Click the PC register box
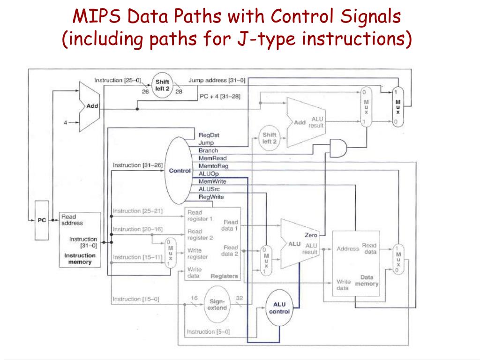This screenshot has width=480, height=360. coord(42,220)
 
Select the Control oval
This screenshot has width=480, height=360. coord(180,171)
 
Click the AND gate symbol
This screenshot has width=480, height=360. coord(338,148)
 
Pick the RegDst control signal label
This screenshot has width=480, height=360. coord(209,135)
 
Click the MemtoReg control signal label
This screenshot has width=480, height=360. coord(213,166)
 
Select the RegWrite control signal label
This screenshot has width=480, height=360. coord(211,197)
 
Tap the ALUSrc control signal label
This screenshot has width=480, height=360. coord(210,189)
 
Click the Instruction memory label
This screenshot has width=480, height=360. coord(80,259)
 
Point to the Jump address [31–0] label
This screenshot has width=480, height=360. coord(217,81)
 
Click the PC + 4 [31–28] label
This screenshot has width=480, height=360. coord(219,97)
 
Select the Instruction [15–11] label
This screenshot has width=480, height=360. coord(137,257)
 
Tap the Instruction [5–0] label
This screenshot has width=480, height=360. coord(208,332)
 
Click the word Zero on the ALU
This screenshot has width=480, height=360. coord(311,235)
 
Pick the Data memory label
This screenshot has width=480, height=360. coord(367,280)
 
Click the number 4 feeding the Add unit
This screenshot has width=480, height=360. coord(66,123)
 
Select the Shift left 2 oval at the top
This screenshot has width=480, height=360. coord(163,85)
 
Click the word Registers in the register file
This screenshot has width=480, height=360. coord(224,276)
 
